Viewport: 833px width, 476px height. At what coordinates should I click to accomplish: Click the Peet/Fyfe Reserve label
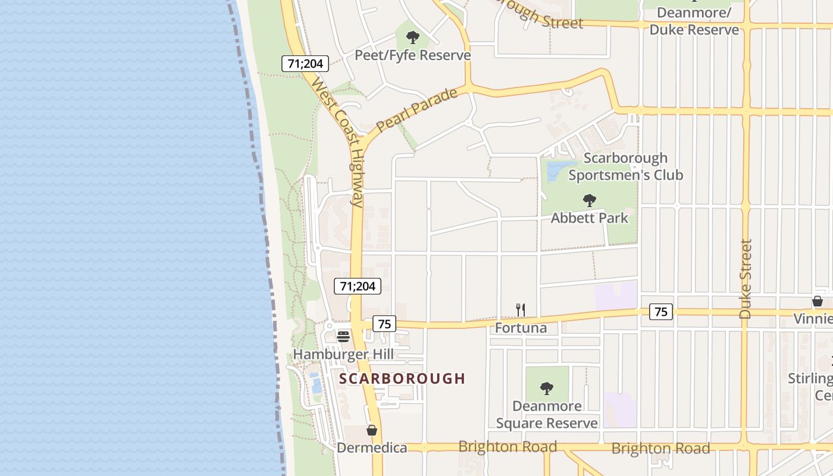412,55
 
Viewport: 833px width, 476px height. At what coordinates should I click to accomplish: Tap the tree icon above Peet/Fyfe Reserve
412,38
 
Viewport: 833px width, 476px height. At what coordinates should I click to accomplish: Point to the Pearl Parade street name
416,110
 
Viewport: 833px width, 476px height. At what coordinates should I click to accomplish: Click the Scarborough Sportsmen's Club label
625,167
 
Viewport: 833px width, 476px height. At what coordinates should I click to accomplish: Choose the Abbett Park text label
589,218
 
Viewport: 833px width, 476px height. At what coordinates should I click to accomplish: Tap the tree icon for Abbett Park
589,201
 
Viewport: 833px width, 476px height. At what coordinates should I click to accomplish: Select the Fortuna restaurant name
521,328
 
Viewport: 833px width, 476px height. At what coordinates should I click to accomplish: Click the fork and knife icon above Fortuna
521,309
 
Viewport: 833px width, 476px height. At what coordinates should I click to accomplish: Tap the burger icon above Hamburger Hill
343,337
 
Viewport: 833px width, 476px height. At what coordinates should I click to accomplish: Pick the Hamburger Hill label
343,355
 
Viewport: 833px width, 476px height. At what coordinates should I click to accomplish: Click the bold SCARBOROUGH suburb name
402,378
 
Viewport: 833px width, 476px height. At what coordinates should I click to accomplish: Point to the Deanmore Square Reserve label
547,415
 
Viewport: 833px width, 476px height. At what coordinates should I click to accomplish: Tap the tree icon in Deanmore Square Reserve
547,389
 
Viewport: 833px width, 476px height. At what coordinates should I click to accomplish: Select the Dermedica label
372,448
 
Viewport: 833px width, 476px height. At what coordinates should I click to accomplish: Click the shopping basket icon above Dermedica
372,430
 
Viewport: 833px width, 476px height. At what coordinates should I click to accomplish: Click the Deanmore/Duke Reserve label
694,21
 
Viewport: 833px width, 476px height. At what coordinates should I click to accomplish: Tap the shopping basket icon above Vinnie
818,301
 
